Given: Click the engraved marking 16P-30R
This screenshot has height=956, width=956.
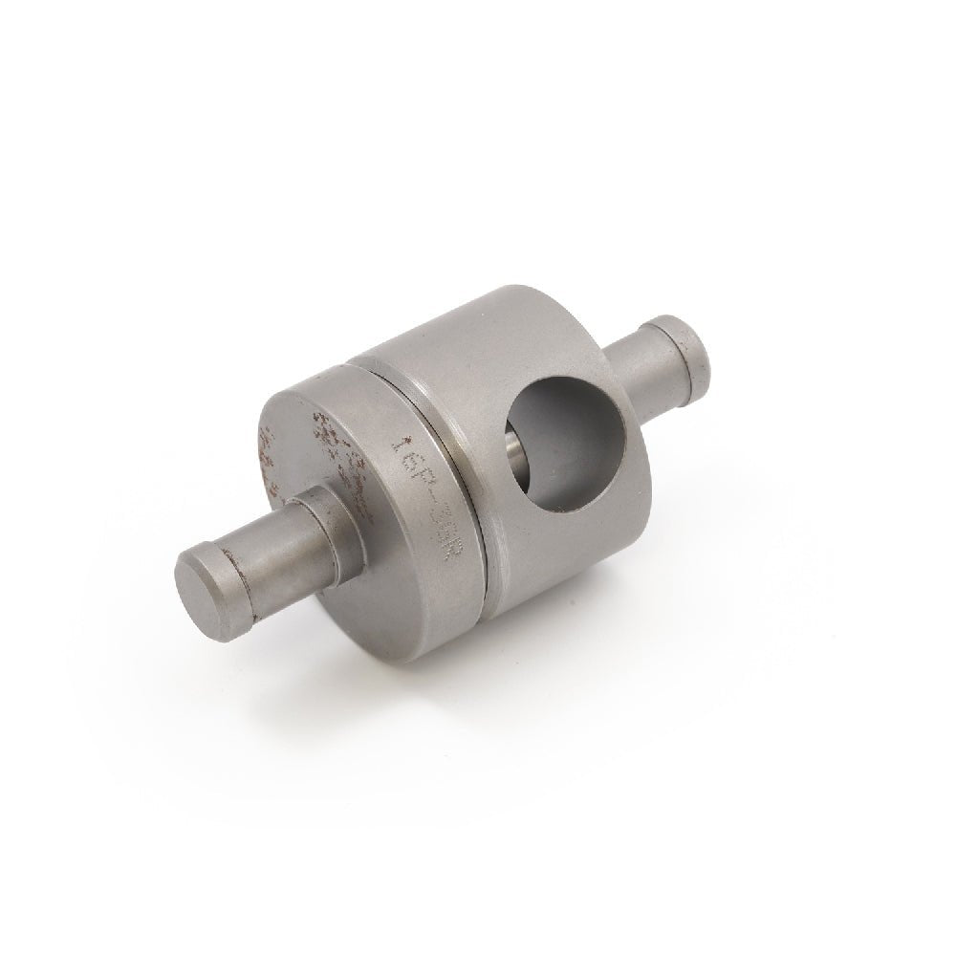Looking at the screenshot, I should tap(428, 493).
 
